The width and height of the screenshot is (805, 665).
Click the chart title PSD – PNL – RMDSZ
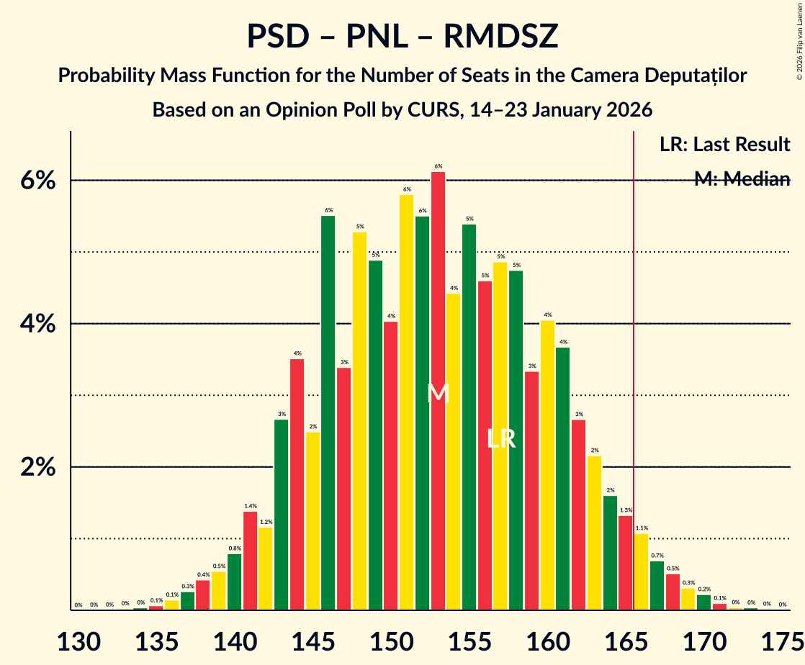point(402,36)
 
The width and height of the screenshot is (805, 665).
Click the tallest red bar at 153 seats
point(438,389)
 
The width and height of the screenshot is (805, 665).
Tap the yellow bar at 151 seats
point(407,402)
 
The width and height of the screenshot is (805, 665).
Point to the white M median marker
point(438,394)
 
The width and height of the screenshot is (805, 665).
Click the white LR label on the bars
point(501,438)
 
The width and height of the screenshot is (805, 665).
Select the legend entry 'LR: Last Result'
point(724,145)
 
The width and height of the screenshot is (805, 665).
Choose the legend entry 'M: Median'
point(742,179)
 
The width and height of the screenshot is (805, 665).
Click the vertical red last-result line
point(634,360)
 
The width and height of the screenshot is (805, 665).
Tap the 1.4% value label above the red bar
point(250,506)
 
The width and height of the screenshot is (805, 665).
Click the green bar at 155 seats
point(469,417)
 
